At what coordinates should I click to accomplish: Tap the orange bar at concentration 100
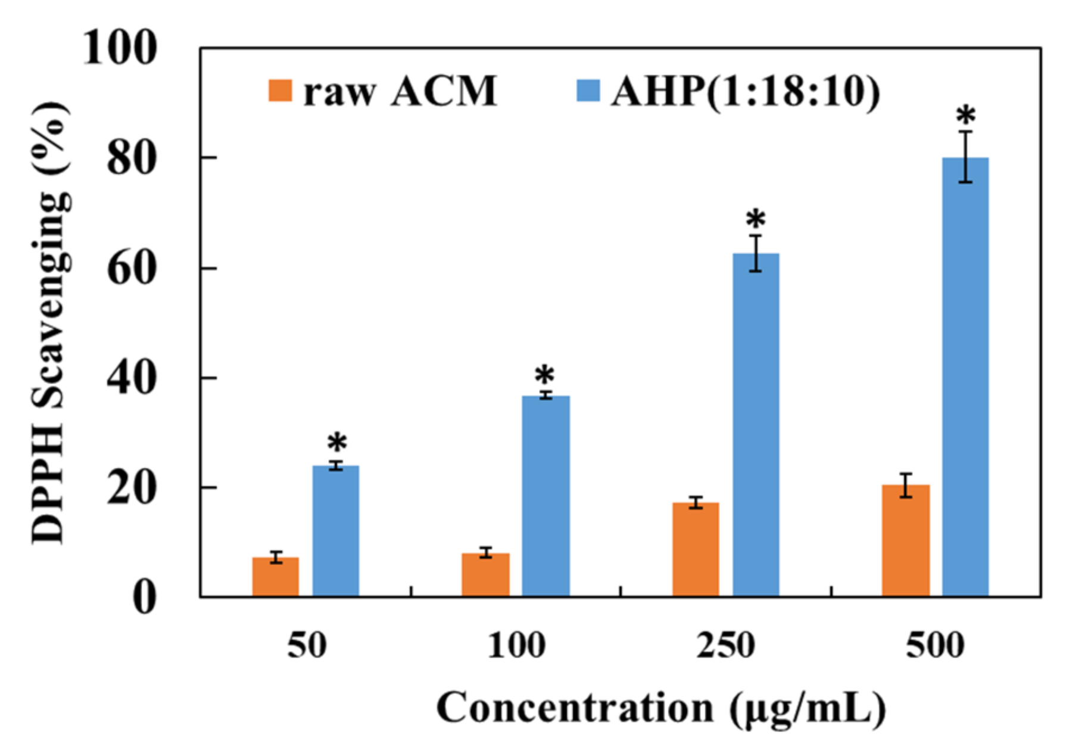(x=485, y=575)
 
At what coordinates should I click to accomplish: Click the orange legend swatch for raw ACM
(x=280, y=91)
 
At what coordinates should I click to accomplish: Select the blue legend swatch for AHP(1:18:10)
(x=588, y=91)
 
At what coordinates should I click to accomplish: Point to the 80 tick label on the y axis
(x=132, y=158)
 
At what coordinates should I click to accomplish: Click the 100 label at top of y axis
(x=120, y=48)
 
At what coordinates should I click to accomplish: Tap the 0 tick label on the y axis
(x=144, y=598)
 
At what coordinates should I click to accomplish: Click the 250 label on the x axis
(x=725, y=645)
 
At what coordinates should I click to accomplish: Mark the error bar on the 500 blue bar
(x=965, y=156)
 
